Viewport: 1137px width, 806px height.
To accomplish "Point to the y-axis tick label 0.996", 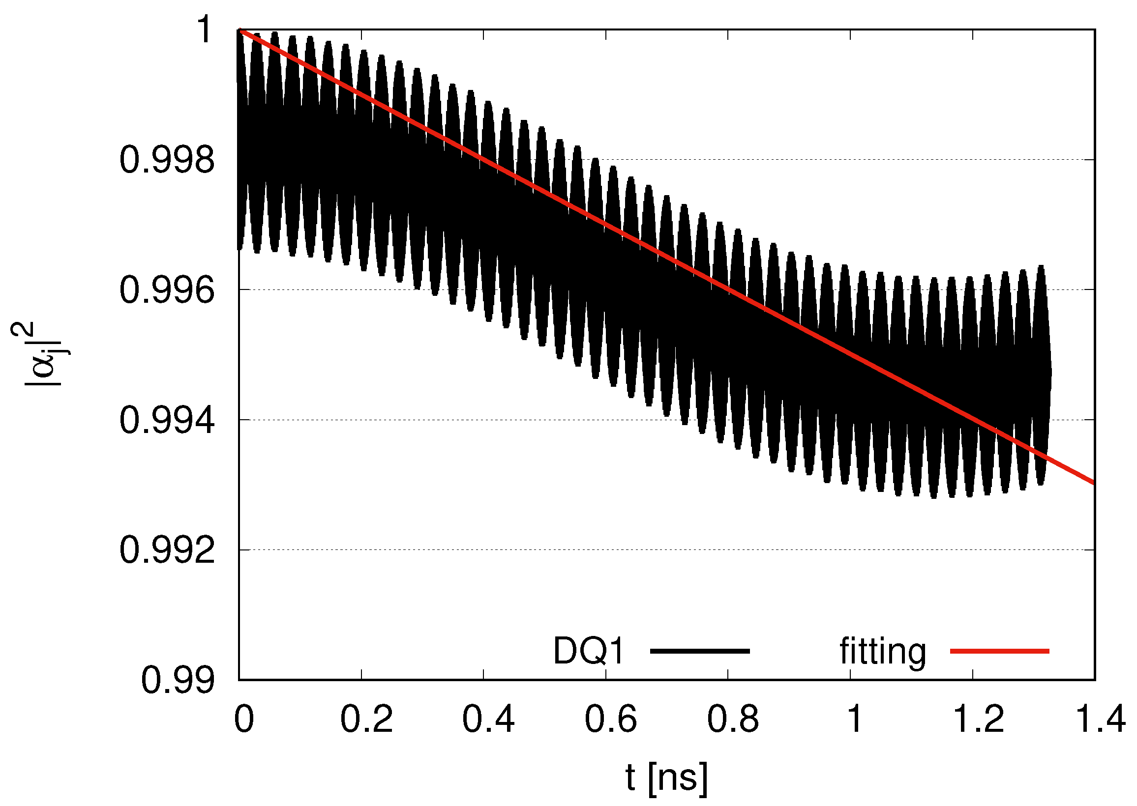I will point(167,291).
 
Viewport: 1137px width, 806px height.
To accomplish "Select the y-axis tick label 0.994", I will point(167,421).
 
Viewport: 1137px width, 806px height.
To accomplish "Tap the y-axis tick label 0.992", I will point(167,551).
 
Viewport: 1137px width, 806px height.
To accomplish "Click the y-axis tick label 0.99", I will point(178,682).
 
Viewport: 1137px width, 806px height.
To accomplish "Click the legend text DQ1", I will point(588,651).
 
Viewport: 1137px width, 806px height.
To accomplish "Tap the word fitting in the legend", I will point(883,651).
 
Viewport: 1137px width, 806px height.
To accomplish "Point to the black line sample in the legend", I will point(700,651).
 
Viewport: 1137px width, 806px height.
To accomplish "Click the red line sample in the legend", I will point(999,651).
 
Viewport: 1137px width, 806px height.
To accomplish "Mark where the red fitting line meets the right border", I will point(1094,483).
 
